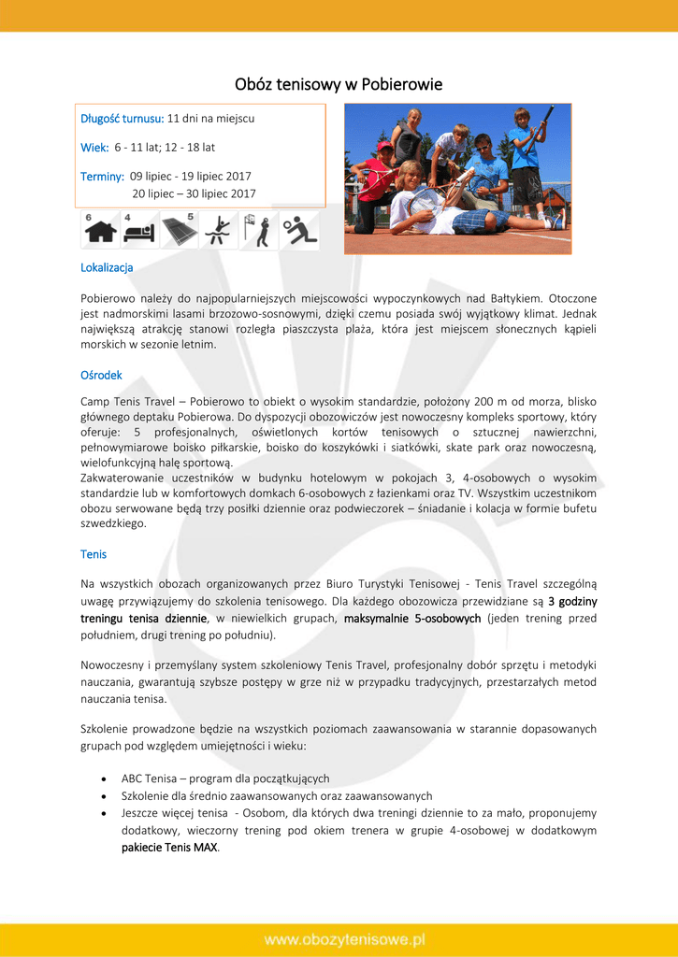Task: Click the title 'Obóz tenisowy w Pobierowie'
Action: tap(339, 85)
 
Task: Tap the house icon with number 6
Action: tap(100, 230)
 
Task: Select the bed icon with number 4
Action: tap(139, 230)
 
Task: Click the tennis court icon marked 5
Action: tap(179, 230)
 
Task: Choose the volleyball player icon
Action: tap(299, 230)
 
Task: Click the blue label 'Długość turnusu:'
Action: tap(123, 119)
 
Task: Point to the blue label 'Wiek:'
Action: tap(94, 147)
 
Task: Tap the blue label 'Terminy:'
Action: tap(103, 176)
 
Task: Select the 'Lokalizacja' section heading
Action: tap(107, 267)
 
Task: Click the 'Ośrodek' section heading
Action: tap(101, 375)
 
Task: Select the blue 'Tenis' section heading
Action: tap(94, 554)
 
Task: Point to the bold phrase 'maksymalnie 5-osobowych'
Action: tap(412, 618)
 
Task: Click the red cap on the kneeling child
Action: tap(384, 147)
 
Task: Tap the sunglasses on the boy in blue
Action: tap(482, 146)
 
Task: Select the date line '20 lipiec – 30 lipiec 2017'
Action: tap(194, 193)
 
